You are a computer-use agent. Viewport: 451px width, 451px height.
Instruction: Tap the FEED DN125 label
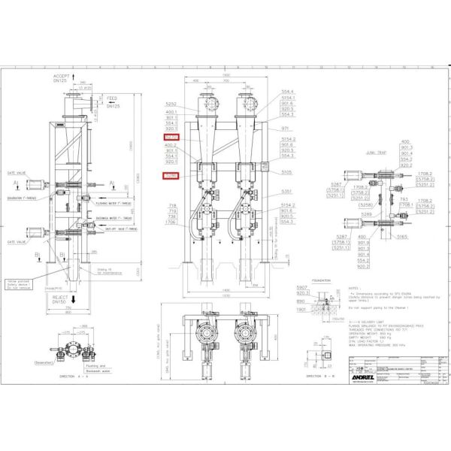click(113, 103)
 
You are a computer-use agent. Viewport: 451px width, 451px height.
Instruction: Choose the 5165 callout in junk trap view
click(402, 237)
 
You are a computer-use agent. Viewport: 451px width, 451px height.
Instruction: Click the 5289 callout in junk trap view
click(366, 214)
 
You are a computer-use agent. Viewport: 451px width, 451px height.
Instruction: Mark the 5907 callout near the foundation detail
click(302, 289)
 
